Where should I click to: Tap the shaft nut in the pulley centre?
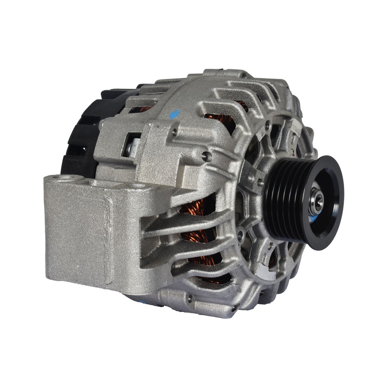click(316, 201)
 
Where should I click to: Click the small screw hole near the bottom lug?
click(190, 298)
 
